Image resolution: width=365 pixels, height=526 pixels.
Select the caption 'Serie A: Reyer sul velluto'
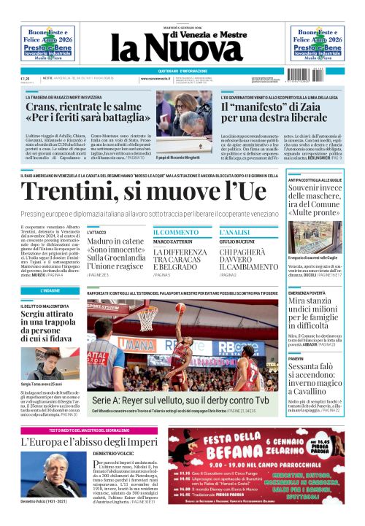tap(181, 401)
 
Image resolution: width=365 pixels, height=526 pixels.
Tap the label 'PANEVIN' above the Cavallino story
tap(296, 359)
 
